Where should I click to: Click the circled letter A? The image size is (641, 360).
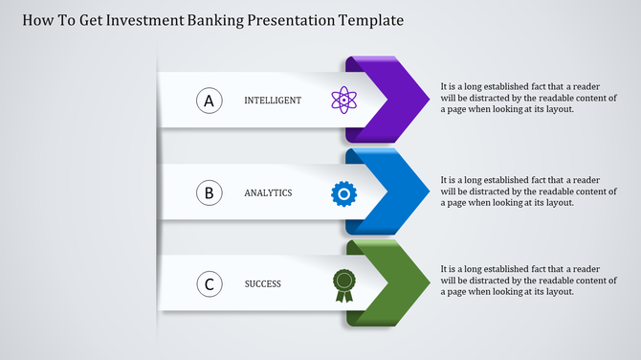[210, 101]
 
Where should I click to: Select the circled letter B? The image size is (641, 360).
[210, 193]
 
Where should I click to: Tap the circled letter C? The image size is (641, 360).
[210, 283]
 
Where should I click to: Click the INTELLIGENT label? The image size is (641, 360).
[273, 101]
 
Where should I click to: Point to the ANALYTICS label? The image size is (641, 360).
[268, 193]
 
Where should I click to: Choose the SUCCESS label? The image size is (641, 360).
[263, 283]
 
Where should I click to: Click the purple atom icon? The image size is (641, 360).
[343, 101]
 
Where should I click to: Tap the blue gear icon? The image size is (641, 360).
[343, 193]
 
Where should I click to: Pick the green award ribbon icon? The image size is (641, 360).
[343, 284]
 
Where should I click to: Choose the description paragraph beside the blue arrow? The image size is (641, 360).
[528, 190]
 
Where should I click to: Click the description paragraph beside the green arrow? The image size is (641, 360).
[528, 281]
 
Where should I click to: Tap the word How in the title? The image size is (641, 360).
[33, 19]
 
